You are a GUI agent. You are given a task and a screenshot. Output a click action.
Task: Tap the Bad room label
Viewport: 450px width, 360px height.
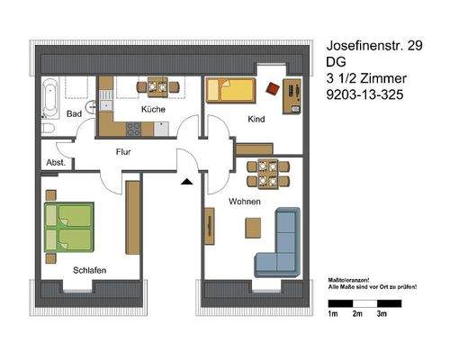point(76,113)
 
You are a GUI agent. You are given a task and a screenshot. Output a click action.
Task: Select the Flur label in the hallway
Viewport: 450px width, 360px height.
point(123,152)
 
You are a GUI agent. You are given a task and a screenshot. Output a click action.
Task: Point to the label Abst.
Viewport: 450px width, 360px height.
point(56,163)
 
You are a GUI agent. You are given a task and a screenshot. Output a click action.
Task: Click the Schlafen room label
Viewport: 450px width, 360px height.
point(78,268)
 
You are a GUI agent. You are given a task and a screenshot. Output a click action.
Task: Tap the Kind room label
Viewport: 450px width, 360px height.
point(256,119)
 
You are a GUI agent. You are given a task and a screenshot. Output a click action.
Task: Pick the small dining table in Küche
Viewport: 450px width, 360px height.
point(151,87)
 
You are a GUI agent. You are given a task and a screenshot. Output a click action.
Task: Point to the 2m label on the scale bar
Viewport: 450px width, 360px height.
point(356,314)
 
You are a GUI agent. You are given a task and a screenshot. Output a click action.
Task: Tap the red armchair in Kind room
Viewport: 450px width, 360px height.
point(273,88)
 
